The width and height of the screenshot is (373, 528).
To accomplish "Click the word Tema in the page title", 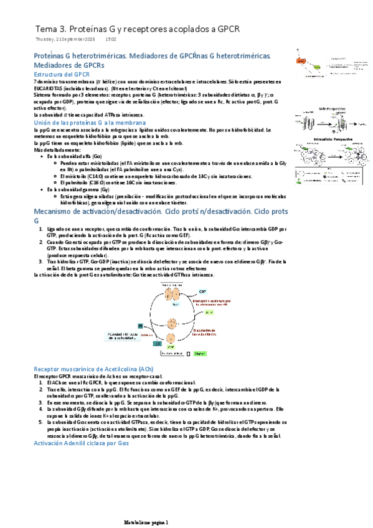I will pos(46,29).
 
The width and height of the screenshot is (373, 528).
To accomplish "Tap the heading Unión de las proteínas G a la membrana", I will pos(85,123).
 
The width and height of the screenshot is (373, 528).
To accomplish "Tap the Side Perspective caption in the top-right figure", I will pos(332,108).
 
